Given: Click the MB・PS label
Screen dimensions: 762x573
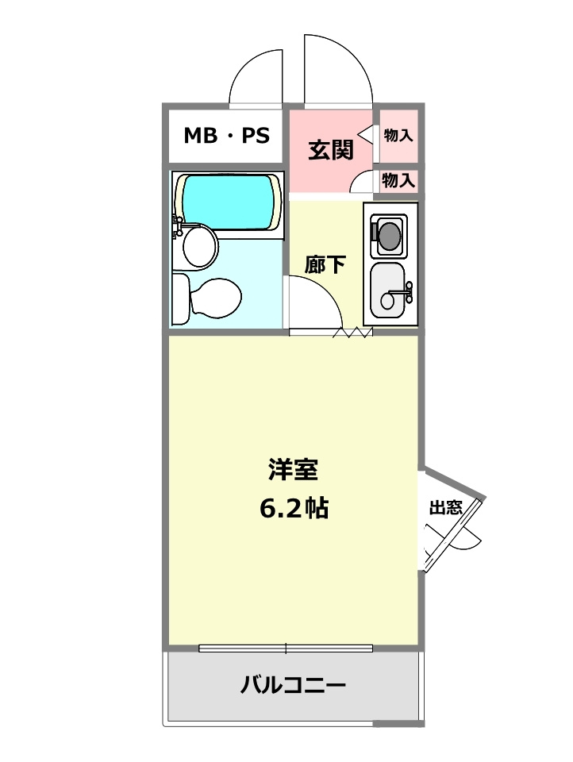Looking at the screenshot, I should [x=227, y=136].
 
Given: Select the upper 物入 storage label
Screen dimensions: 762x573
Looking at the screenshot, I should [x=398, y=136].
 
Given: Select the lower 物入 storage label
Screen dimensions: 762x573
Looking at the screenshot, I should [x=398, y=180].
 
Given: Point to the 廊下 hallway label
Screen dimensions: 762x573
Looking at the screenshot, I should [x=325, y=264].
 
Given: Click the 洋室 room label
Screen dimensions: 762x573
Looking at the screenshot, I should [x=293, y=470].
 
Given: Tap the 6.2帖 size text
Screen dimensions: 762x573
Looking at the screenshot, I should [x=293, y=509].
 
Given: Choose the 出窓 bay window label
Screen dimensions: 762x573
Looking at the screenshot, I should [x=445, y=508].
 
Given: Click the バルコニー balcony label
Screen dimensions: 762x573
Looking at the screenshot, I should [x=293, y=684].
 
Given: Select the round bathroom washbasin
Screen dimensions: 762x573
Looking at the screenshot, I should [x=199, y=248].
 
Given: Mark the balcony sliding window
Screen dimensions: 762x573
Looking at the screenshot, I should [x=286, y=648].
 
